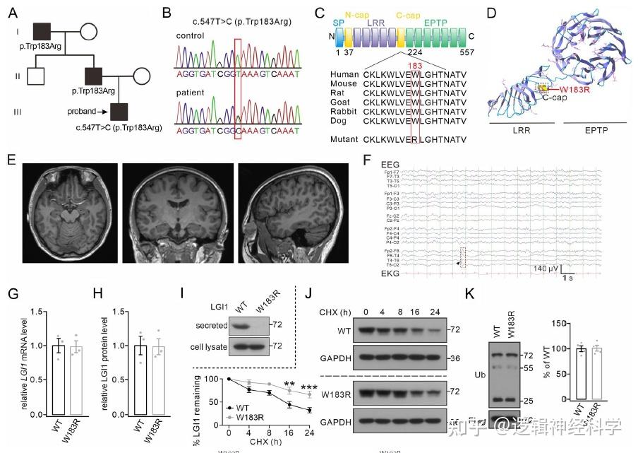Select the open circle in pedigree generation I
(x=89, y=33)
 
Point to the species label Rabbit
(x=343, y=111)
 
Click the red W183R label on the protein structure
(x=576, y=89)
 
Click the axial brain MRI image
(x=68, y=213)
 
